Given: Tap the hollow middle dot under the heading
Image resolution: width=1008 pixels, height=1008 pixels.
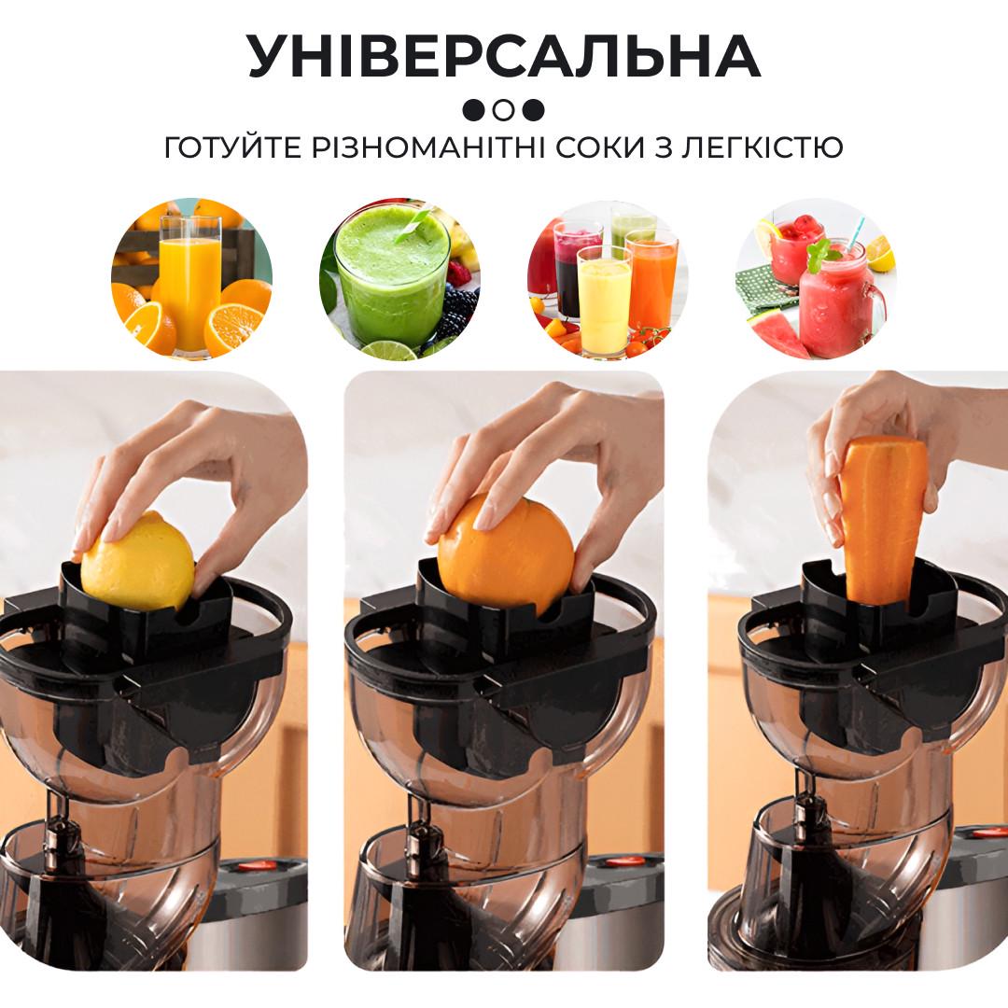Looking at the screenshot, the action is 504,110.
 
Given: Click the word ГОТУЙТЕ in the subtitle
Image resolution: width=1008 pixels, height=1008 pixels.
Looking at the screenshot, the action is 232,147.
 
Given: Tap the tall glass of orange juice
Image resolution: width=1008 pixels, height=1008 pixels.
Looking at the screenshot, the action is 190,284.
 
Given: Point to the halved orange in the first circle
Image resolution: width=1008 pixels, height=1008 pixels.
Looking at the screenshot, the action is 234,329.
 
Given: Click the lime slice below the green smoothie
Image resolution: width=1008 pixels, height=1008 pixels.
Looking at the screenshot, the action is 389,351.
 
